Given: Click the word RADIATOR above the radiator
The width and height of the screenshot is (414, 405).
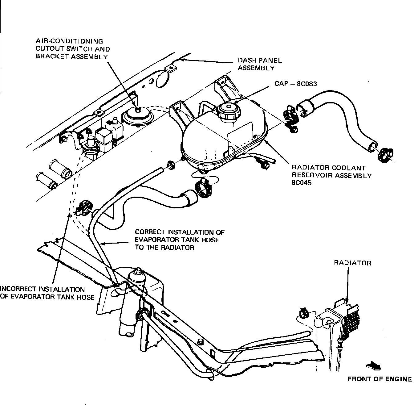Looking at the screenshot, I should click(x=353, y=263).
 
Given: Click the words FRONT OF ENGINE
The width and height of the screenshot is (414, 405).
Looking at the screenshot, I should click(x=379, y=379).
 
